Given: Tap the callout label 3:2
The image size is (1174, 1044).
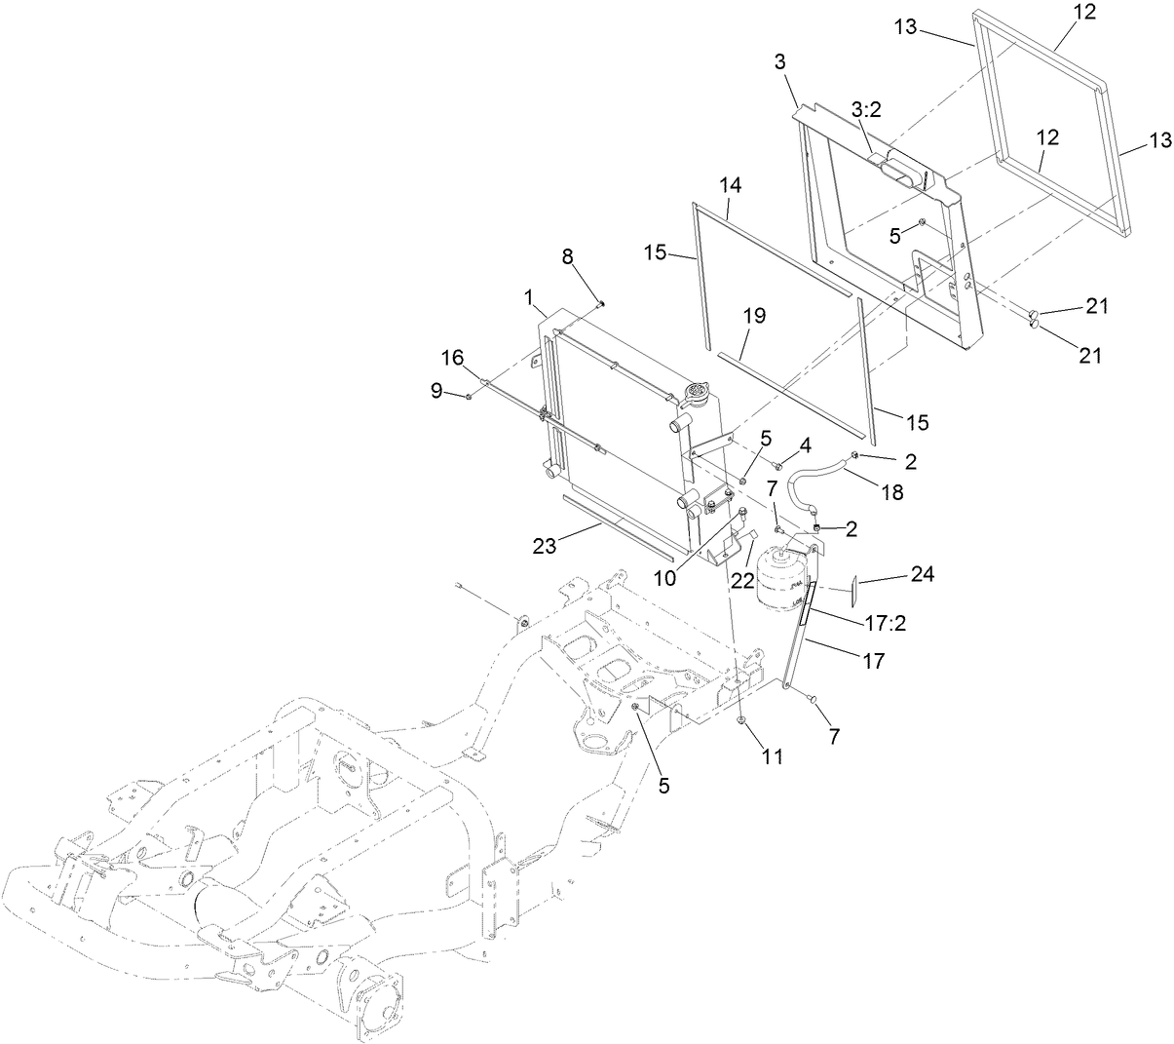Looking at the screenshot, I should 866,111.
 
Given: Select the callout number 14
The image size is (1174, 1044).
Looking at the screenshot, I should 731,185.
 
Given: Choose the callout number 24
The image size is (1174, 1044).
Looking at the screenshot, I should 922,575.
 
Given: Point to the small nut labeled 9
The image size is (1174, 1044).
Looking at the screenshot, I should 469,396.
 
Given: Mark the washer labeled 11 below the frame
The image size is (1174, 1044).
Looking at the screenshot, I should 742,721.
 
